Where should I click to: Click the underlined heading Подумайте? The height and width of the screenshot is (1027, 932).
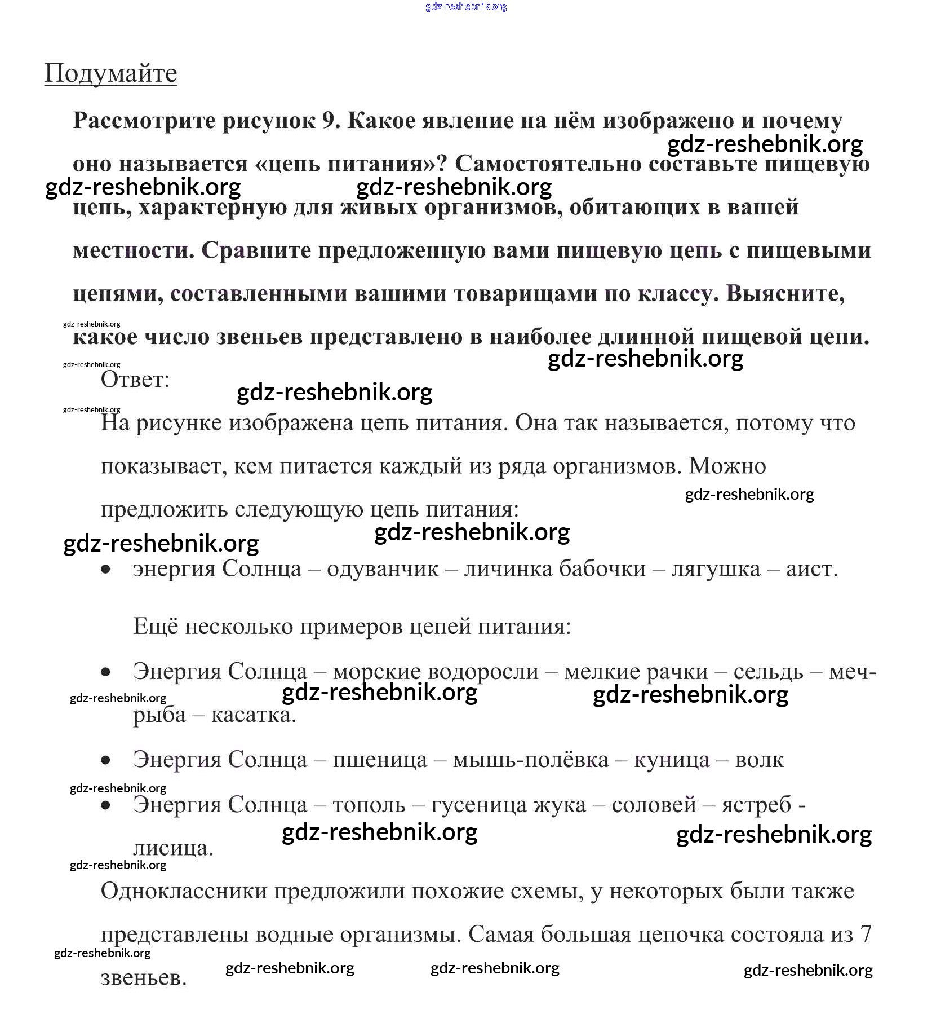(110, 73)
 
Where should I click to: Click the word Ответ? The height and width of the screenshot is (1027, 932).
(135, 380)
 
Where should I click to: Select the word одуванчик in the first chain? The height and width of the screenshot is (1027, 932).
(382, 569)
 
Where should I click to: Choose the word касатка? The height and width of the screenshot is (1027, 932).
(253, 715)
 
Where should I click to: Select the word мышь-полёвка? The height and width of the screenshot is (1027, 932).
(530, 760)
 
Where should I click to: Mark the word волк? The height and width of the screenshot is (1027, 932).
(759, 760)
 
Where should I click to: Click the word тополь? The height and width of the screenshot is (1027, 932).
(369, 804)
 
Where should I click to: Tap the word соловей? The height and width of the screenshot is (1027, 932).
(654, 804)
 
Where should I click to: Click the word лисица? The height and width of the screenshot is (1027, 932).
(172, 848)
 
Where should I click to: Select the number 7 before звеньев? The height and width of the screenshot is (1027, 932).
(866, 935)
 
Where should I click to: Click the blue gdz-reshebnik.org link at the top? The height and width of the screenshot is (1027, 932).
(466, 7)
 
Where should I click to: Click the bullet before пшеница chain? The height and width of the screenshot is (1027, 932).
(106, 760)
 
